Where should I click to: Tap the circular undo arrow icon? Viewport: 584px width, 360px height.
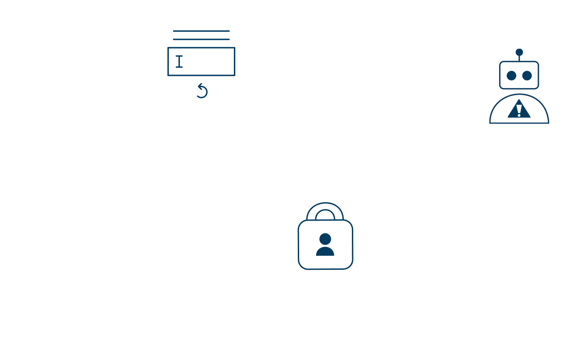202,91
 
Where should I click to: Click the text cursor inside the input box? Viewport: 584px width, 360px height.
179,61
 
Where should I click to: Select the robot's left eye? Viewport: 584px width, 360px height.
512,75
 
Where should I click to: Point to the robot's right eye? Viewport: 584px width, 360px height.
527,75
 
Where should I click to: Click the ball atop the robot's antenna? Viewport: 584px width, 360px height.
519,52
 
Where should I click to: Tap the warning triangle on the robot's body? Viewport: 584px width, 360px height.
519,109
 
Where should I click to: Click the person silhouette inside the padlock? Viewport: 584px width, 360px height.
325,245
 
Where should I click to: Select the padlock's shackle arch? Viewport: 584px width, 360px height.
325,213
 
